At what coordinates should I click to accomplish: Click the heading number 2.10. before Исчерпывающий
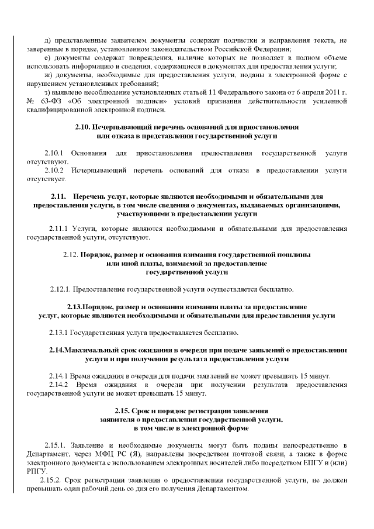(x=82, y=127)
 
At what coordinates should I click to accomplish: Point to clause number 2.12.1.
(x=60, y=289)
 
